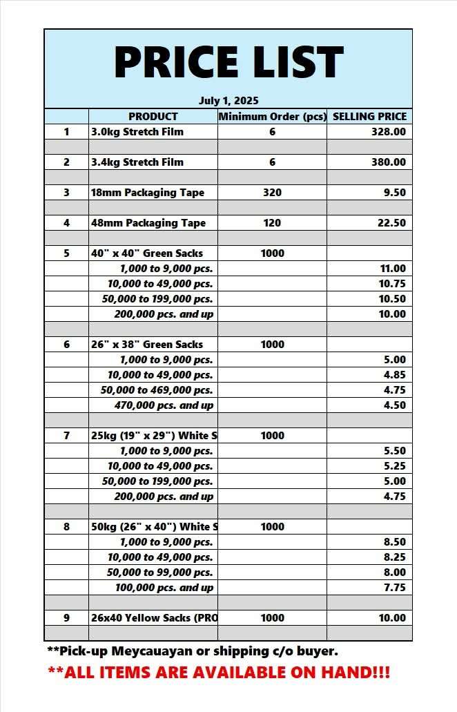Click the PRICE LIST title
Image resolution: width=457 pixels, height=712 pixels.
[x=228, y=61]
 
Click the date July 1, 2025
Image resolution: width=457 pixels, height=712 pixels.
[x=228, y=101]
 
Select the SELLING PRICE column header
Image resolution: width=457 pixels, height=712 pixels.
[x=369, y=117]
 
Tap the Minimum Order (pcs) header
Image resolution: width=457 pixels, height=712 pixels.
[x=272, y=117]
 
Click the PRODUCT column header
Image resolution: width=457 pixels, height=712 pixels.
[x=153, y=117]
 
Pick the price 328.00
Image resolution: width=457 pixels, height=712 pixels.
[x=389, y=132]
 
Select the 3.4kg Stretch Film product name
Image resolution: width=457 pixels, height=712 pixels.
[x=137, y=162]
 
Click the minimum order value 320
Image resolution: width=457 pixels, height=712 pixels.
[x=272, y=193]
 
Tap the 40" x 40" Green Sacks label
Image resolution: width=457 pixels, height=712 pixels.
[x=147, y=253]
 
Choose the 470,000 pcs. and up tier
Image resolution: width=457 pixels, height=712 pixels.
[x=164, y=405]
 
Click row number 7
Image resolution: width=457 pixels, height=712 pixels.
[x=66, y=436]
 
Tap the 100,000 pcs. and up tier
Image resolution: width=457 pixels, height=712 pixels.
[x=164, y=588]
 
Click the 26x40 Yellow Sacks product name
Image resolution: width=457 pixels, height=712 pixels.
[x=154, y=618]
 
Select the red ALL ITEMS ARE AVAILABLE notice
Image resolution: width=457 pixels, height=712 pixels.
[x=219, y=672]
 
